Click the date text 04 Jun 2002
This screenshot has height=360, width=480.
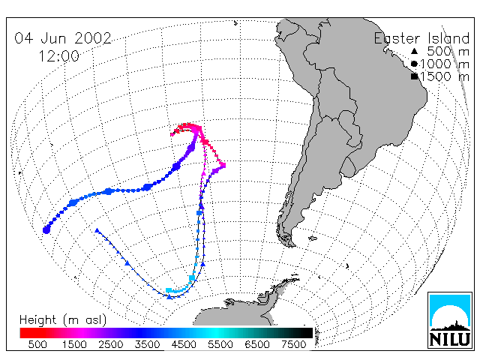point(63,38)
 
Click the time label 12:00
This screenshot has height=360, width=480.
point(58,56)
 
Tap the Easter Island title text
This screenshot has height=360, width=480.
point(421,38)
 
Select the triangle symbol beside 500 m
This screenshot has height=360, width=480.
point(414,51)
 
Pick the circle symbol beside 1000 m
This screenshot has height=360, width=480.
point(414,64)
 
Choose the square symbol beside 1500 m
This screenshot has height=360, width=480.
point(415,76)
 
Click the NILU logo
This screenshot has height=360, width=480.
point(450,320)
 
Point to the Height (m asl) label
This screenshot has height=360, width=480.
point(63,320)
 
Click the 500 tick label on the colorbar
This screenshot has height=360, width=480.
point(37,344)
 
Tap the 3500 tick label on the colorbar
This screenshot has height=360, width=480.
point(147,344)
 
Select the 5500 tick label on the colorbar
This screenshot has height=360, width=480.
point(220,344)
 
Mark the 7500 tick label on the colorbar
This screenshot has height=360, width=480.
point(293,344)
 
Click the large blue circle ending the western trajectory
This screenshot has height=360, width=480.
point(46,229)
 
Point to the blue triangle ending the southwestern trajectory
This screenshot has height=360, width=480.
point(97,230)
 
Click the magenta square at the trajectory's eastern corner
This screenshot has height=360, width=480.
point(223,165)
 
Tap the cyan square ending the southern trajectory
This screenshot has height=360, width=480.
point(168,290)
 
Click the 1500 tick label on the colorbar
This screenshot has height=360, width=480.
point(74,344)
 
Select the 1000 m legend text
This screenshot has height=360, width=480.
point(445,64)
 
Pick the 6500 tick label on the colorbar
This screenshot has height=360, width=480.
point(256,344)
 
